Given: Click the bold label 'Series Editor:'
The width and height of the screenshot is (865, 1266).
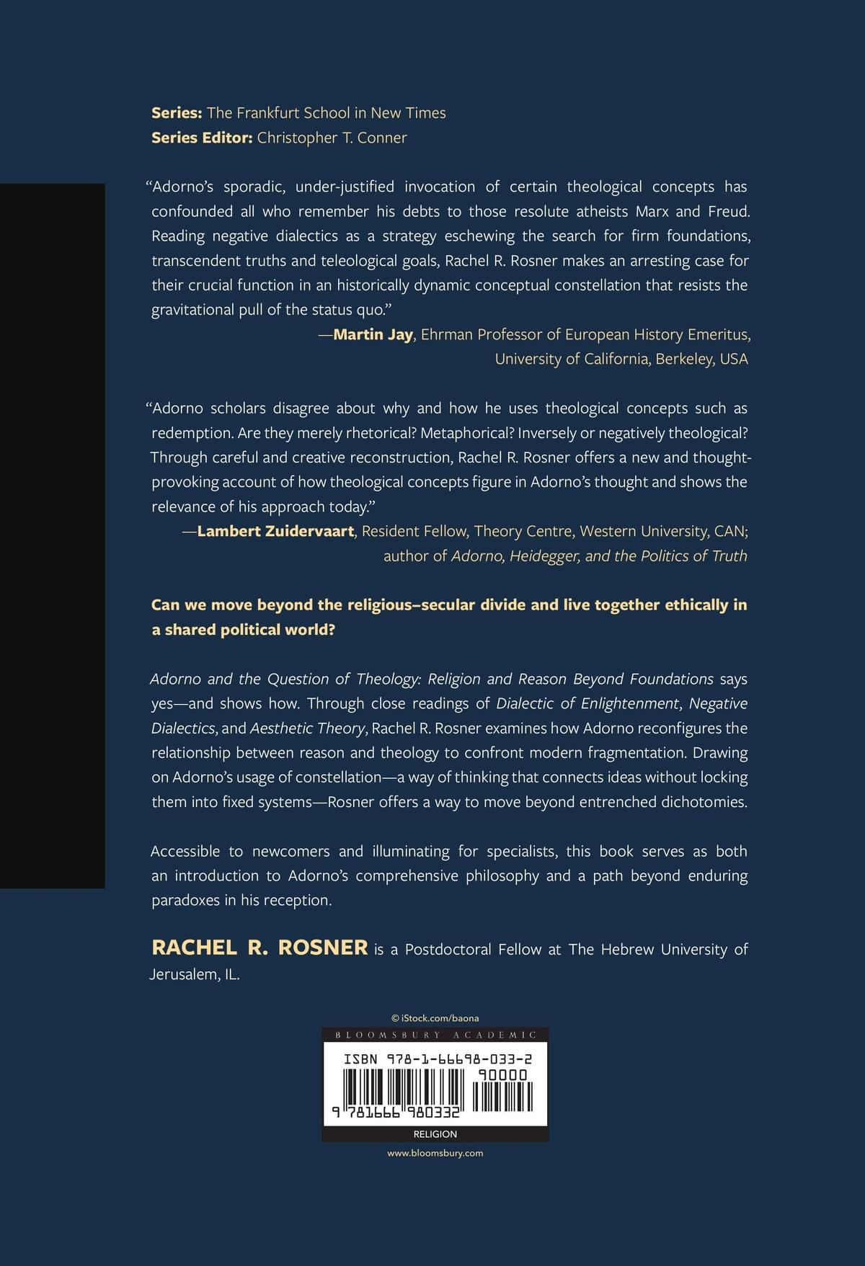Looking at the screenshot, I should [202, 138].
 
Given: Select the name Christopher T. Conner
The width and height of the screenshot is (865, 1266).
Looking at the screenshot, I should [332, 138].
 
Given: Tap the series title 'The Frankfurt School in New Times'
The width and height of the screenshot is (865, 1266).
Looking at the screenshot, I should [326, 113].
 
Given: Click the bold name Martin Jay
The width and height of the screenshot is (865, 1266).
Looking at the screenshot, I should [373, 334].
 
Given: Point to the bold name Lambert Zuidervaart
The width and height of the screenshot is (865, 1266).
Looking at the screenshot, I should [275, 531].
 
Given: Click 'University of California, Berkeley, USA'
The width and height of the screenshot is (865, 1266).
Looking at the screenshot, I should [621, 359].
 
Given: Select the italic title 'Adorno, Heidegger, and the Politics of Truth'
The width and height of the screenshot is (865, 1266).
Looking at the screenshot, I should [599, 556].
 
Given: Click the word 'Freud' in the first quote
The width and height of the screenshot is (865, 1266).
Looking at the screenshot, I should [728, 211].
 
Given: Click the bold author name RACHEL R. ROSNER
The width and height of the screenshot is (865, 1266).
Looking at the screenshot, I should [259, 948].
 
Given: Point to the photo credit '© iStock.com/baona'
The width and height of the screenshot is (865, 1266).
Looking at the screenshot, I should [435, 1018].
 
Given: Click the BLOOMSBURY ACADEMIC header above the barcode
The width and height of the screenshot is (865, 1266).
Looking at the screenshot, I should [435, 1035].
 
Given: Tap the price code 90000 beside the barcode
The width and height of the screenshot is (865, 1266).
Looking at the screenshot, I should [502, 1075].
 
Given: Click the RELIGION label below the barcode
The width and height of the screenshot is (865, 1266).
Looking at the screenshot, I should [435, 1134].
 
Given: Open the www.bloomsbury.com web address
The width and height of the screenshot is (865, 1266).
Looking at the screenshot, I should [435, 1153].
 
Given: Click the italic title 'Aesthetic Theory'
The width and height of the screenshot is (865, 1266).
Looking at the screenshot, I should [307, 728].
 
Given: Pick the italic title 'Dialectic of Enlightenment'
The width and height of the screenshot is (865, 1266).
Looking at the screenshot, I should [587, 703].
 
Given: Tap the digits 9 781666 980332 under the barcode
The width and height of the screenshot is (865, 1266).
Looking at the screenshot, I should [395, 1112].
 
